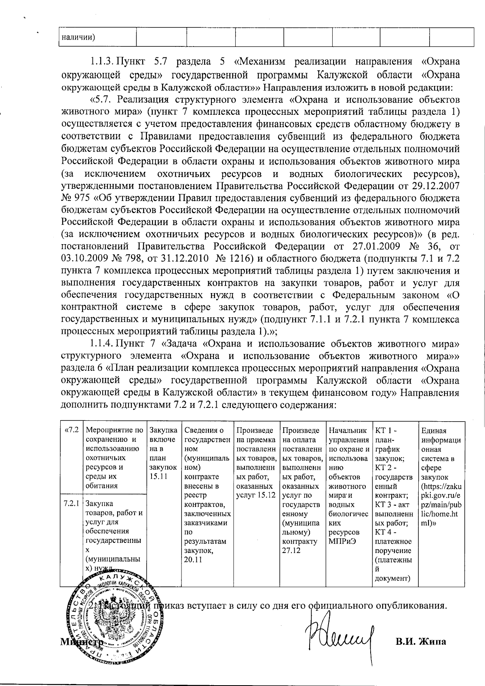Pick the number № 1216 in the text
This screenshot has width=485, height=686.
231,258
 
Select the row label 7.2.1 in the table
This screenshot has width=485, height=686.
71,504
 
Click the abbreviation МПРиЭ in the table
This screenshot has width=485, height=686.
343,541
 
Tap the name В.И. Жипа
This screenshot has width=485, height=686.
420,642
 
